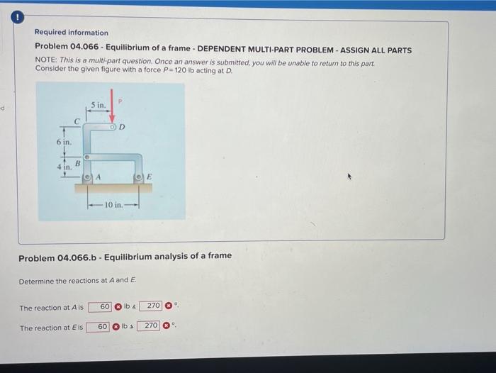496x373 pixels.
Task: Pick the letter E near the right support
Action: (x=149, y=177)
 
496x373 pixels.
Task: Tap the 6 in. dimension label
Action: (x=64, y=143)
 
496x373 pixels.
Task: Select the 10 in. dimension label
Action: (x=114, y=205)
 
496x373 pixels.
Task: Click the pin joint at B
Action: (x=87, y=156)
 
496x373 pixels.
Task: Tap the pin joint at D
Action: (x=112, y=128)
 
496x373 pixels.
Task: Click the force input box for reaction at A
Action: (x=100, y=307)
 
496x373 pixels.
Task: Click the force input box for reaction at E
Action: (x=98, y=327)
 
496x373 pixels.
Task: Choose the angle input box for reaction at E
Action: (x=149, y=326)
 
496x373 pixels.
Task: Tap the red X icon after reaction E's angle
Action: (x=167, y=327)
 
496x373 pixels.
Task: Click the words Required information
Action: (x=72, y=33)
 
